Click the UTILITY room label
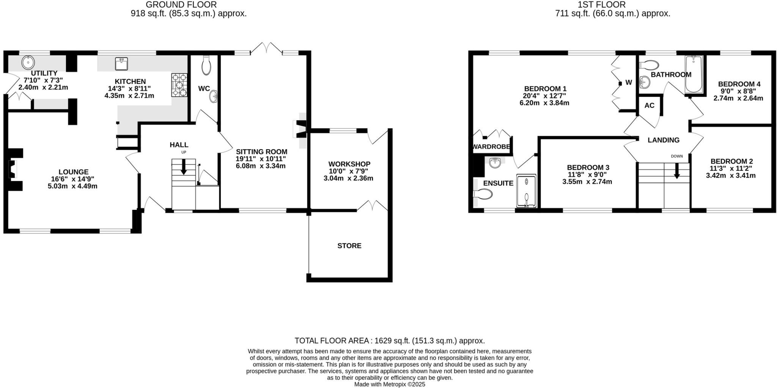coord(44,73)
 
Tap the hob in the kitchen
coord(179,85)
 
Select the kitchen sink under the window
coord(121,64)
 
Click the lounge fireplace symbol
coord(13,169)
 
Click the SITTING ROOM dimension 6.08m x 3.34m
coord(261,166)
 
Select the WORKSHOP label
coord(349,164)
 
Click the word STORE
coord(349,246)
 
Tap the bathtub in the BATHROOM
coord(694,74)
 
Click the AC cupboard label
coord(649,105)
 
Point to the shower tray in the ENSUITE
coord(527,191)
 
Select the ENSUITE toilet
coord(483,194)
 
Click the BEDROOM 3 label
coord(588,167)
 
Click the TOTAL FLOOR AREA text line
coord(390,341)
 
